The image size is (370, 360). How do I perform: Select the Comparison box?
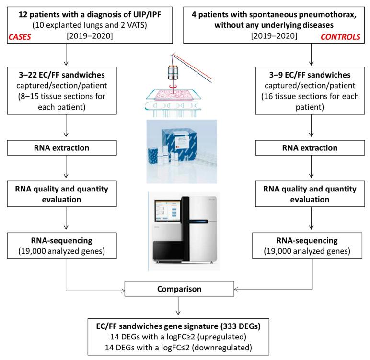point(185,289)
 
